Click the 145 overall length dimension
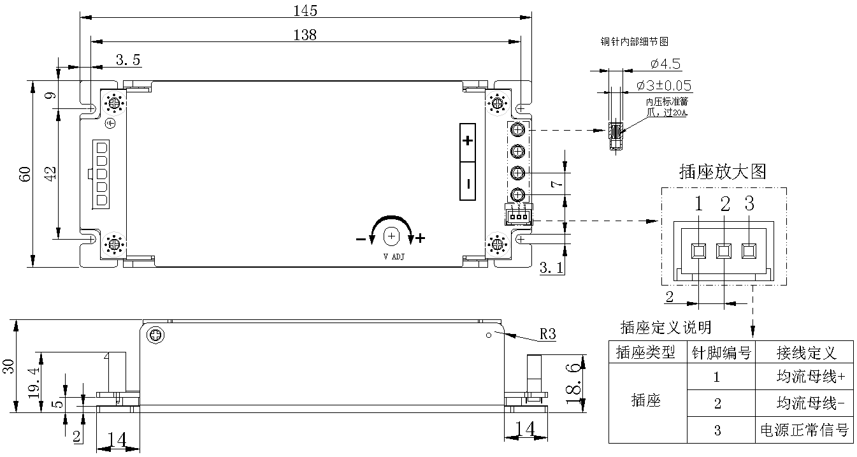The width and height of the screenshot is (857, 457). click(x=305, y=10)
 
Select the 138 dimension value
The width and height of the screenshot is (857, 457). click(x=305, y=34)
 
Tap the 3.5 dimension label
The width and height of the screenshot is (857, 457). click(x=128, y=60)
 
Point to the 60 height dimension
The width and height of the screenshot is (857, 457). click(x=25, y=174)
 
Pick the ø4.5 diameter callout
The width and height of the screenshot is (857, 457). click(x=665, y=64)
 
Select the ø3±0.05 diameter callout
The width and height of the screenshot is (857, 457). click(x=665, y=85)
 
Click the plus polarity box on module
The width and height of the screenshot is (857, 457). click(x=468, y=141)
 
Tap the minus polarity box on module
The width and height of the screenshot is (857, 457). click(x=468, y=183)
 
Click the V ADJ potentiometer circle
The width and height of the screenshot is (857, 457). click(x=391, y=237)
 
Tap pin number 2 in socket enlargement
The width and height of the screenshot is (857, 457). click(x=724, y=205)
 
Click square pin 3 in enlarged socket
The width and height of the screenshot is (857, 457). click(x=749, y=250)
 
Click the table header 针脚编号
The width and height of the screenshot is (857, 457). click(x=721, y=352)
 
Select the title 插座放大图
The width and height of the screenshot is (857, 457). click(x=723, y=171)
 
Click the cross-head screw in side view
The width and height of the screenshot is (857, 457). click(x=155, y=335)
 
